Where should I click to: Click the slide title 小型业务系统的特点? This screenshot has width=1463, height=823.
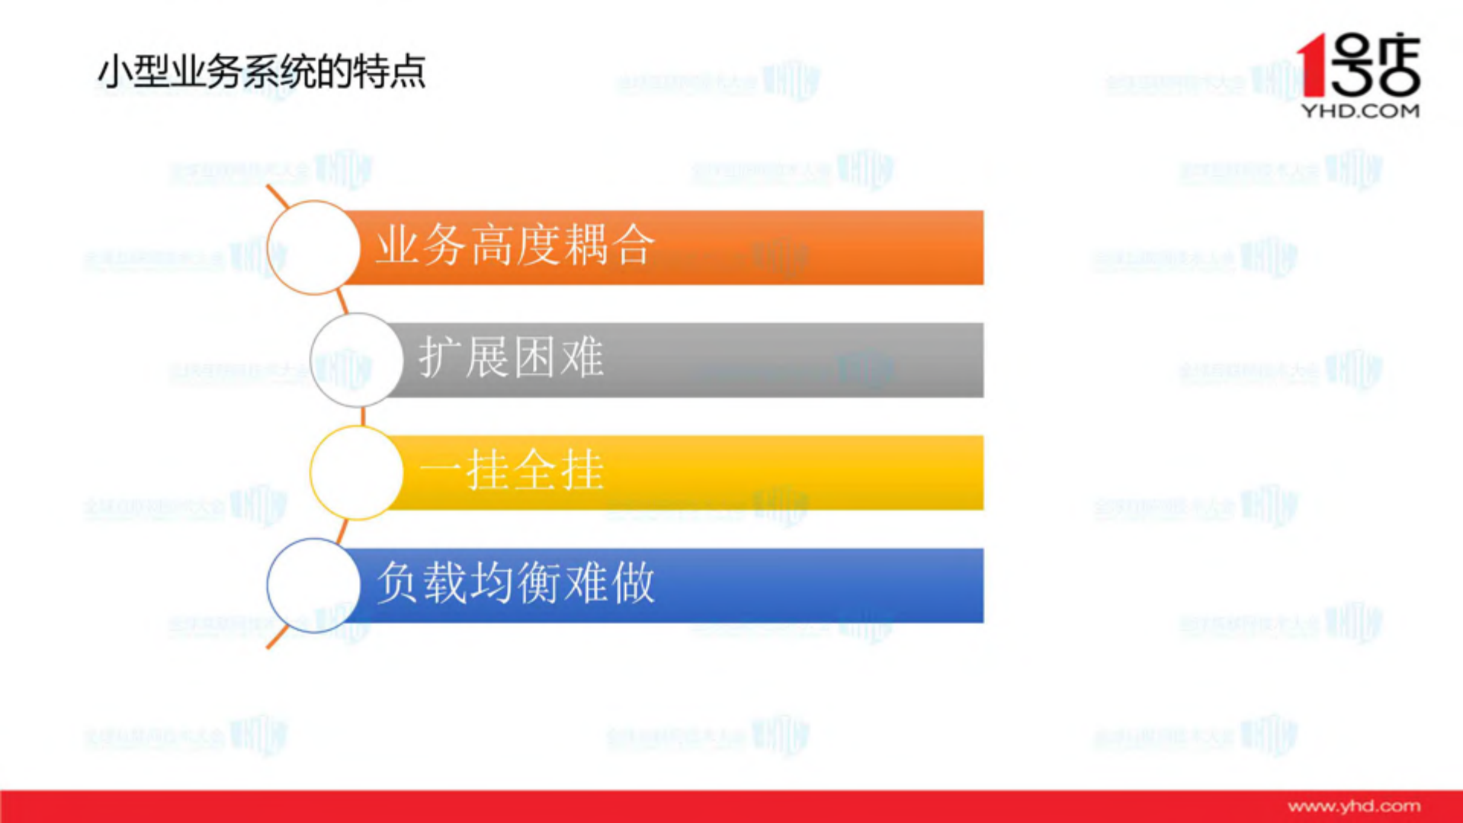[x=261, y=72]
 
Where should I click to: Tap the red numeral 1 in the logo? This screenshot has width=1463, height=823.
[x=1313, y=66]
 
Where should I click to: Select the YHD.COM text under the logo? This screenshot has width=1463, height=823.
[x=1360, y=111]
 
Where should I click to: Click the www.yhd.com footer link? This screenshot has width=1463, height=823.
[x=1354, y=806]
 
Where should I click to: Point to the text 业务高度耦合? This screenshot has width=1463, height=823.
[x=515, y=245]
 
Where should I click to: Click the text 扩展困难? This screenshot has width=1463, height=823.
[x=512, y=357]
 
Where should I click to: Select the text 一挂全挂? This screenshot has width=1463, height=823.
[x=512, y=470]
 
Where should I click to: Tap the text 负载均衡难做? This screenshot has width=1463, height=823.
[x=516, y=583]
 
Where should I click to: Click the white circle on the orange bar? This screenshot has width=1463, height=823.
[x=313, y=248]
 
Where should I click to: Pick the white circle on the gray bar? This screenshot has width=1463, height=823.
[x=357, y=360]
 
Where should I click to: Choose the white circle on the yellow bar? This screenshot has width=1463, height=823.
[x=357, y=472]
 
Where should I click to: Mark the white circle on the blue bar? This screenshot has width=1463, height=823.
[x=313, y=585]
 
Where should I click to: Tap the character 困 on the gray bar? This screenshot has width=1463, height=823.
[x=535, y=357]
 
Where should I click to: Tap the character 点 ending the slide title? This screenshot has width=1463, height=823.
[x=408, y=72]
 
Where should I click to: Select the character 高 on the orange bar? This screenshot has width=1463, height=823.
[x=492, y=245]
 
